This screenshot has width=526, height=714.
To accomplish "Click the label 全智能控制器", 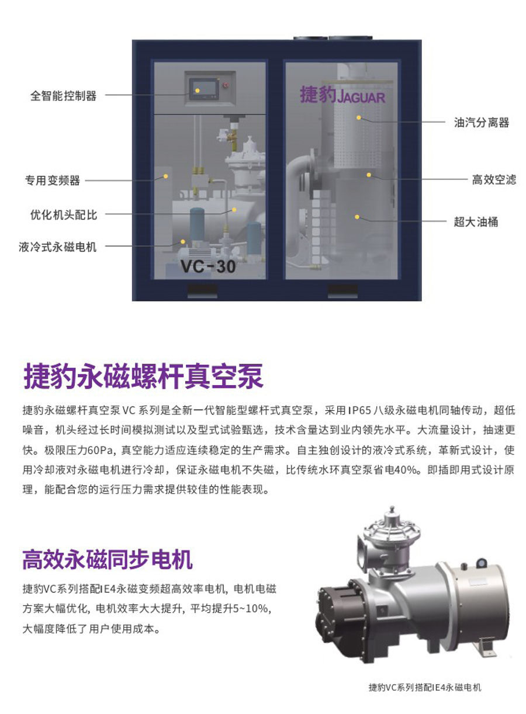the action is pos(63,96).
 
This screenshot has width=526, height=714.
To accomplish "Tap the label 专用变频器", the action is pos(52,181).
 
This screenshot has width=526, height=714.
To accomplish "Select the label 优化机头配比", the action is pos(64,215).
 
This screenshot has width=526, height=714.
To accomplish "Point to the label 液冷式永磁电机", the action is pos(57,247).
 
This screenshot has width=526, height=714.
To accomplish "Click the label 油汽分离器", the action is pos(482,123).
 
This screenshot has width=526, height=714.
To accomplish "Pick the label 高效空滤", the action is pos(494,180).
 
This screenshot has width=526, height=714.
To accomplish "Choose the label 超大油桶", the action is pos(476,222).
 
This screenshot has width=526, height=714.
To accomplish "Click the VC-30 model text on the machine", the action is pos(208,266).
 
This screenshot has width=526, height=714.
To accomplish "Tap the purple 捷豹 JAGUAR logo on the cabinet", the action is pos(342,95).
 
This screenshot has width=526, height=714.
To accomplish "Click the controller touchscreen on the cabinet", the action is pos(205,89).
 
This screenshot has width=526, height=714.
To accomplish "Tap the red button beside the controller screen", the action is pos(227,85).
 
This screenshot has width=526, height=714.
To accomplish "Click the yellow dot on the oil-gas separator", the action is pos(359,118).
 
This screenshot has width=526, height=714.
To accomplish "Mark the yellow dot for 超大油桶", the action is pos(357,217).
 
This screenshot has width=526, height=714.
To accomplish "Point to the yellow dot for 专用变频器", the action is pos(166,176).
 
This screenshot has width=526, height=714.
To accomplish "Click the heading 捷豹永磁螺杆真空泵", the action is pos(143,376).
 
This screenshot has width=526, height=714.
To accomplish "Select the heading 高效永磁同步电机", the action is pos(108,560).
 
